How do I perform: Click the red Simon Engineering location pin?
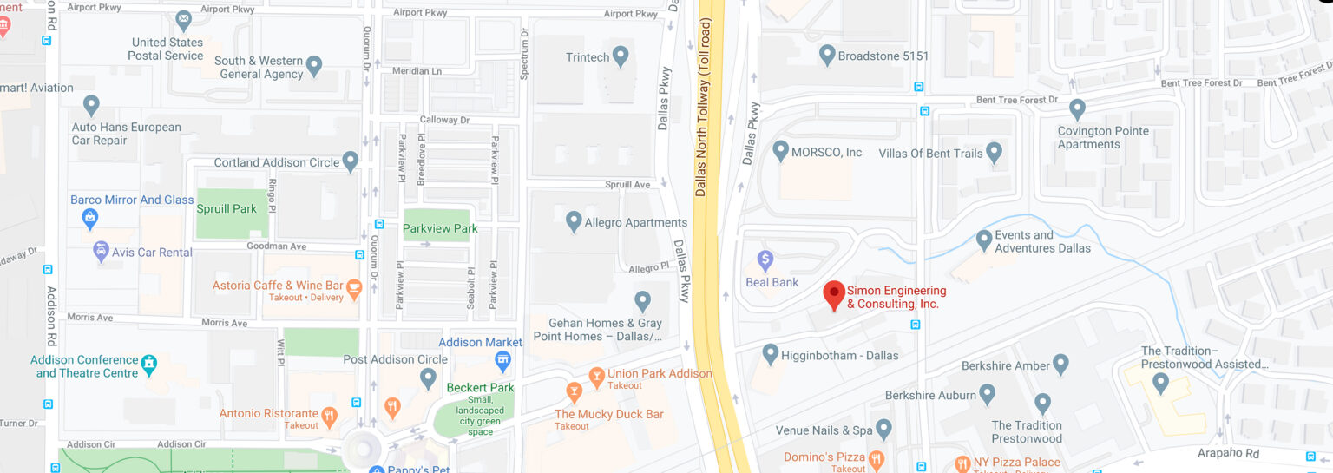pos(834,294)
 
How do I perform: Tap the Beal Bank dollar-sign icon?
pos(765,259)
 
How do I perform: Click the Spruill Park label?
pos(227,209)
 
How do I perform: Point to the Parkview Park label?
pos(440,228)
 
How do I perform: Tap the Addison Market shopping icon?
pos(501,359)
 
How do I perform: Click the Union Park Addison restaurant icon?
pos(596,375)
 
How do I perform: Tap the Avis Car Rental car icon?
pos(101,252)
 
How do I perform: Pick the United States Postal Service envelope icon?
pos(183,19)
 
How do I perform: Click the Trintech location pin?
pos(620,56)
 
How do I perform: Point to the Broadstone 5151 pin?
pos(827,55)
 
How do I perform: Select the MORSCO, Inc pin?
pos(779,151)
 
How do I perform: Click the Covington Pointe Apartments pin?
pos(1077,108)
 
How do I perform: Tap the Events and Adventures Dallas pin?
pos(984,239)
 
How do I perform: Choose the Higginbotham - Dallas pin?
pos(770,353)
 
